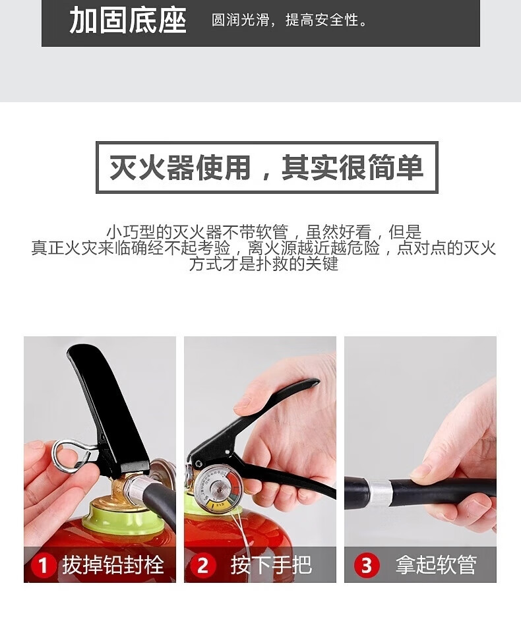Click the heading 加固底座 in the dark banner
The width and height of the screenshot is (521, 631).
click(x=128, y=20)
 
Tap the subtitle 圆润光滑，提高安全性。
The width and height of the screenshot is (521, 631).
click(x=290, y=20)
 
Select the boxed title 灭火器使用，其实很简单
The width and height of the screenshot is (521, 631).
click(x=266, y=167)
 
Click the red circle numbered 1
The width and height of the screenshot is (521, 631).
click(x=43, y=566)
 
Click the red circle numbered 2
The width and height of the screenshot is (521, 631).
click(x=202, y=566)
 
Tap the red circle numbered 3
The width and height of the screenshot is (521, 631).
click(x=367, y=566)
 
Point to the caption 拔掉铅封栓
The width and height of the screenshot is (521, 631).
click(x=113, y=565)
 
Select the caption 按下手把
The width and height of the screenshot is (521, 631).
click(x=271, y=565)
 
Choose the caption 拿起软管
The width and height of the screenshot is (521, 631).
click(x=436, y=565)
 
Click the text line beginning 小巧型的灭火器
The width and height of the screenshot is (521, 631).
click(x=264, y=232)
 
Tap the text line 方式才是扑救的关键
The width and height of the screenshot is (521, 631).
click(x=264, y=264)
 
